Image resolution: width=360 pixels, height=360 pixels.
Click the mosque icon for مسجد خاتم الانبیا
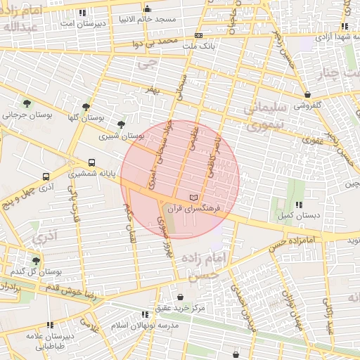coord(147,9)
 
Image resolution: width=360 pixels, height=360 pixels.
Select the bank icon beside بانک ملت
coord(199,34)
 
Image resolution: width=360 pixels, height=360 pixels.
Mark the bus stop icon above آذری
coord(46,177)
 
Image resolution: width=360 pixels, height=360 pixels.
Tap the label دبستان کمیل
coord(295,215)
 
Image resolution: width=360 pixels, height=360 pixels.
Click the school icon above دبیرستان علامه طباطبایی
coord(50,325)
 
